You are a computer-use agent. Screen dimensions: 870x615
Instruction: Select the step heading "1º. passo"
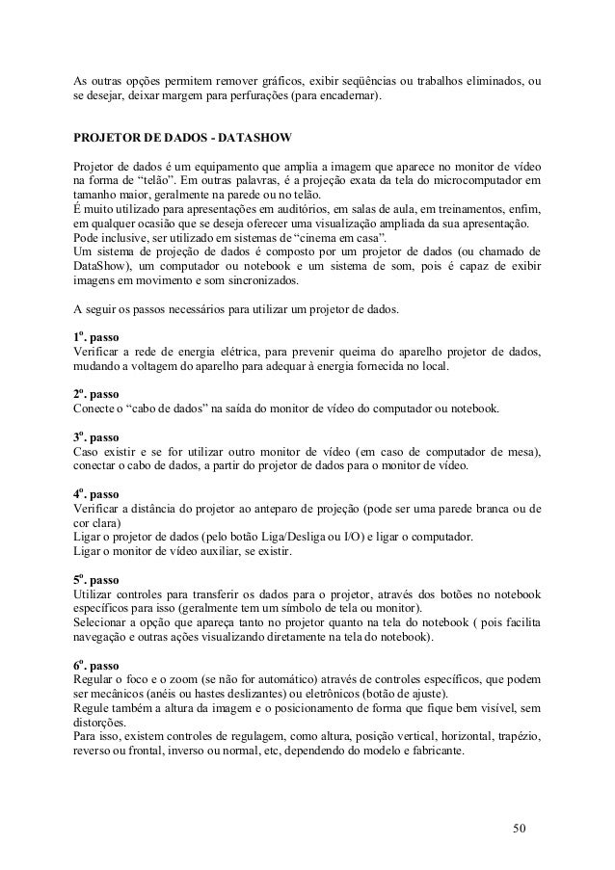97,338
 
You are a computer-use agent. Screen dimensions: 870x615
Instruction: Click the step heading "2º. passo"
97,394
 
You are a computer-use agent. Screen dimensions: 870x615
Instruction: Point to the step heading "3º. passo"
97,437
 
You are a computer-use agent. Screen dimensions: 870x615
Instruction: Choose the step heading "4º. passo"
97,493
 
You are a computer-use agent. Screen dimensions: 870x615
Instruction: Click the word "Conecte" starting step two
94,409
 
